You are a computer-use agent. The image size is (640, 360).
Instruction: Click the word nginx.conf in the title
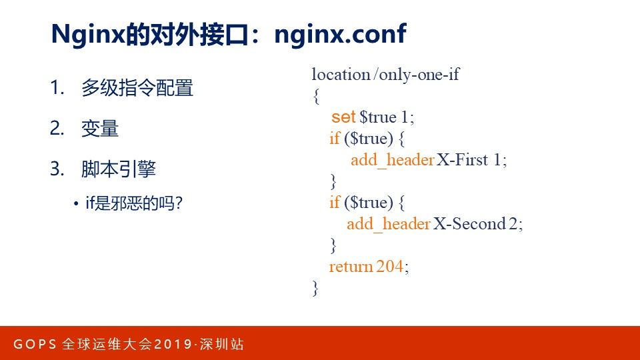pos(341,34)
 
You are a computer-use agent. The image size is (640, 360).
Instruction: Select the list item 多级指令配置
pos(137,88)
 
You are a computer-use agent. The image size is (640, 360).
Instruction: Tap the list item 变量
pos(100,129)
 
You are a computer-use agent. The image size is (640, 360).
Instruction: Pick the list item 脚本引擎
pos(119,169)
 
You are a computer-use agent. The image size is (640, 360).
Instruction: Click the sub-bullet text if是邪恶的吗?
pos(134,203)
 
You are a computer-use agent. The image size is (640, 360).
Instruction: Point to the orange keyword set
pos(343,117)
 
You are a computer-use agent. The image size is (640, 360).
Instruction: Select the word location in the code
pos(341,74)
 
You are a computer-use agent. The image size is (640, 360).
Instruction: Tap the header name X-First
pos(462,159)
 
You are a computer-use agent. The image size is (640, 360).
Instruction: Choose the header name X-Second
pos(469,224)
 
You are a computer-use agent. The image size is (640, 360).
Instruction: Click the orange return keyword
pos(351,267)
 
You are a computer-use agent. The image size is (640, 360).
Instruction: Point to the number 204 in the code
pos(390,267)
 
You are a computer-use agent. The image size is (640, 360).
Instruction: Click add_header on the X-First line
pos(392,160)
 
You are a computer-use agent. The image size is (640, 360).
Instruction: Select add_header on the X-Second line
pos(389,224)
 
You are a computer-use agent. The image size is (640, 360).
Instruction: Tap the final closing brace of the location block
pos(315,288)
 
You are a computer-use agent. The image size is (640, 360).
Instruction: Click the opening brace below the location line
pos(316,96)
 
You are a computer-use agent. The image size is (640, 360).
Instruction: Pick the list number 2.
pos(57,128)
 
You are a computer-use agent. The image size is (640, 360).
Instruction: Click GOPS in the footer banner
pos(35,344)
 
